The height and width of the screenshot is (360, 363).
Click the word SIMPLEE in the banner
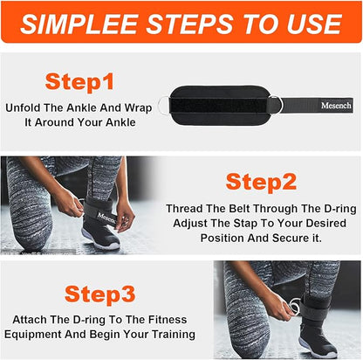tap(79, 24)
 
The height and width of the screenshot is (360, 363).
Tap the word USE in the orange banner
tap(314, 24)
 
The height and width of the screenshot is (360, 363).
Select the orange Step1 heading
tap(79, 82)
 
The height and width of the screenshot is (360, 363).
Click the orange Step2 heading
tap(261, 182)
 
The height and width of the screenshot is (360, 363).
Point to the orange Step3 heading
tap(99, 294)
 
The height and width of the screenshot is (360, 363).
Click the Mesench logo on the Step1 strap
tap(336, 105)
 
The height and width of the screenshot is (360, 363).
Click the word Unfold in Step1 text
tap(23, 108)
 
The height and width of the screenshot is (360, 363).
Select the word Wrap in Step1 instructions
tap(138, 108)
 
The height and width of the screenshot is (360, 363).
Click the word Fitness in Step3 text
tap(168, 320)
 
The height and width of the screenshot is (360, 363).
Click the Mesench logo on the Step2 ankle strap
tap(106, 218)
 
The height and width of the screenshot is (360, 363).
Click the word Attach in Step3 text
tap(30, 320)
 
